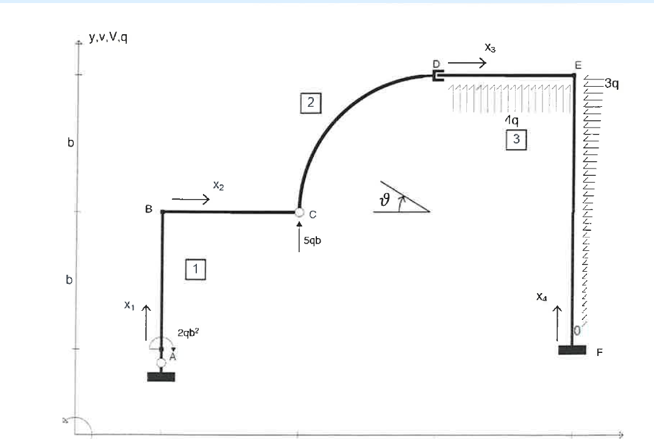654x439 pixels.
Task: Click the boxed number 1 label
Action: (x=196, y=269)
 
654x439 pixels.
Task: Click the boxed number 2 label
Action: (x=310, y=102)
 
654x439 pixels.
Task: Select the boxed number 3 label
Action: (x=516, y=140)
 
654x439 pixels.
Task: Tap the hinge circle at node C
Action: (x=299, y=212)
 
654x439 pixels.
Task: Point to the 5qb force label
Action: (x=312, y=241)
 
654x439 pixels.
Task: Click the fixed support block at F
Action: (x=572, y=350)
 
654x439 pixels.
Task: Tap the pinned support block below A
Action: (x=161, y=377)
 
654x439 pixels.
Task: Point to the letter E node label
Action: (x=578, y=65)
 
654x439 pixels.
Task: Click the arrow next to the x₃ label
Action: (x=468, y=62)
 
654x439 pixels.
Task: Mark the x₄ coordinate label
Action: (x=542, y=297)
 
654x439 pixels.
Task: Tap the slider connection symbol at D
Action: (x=437, y=76)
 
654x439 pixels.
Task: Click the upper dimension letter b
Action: (x=71, y=143)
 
